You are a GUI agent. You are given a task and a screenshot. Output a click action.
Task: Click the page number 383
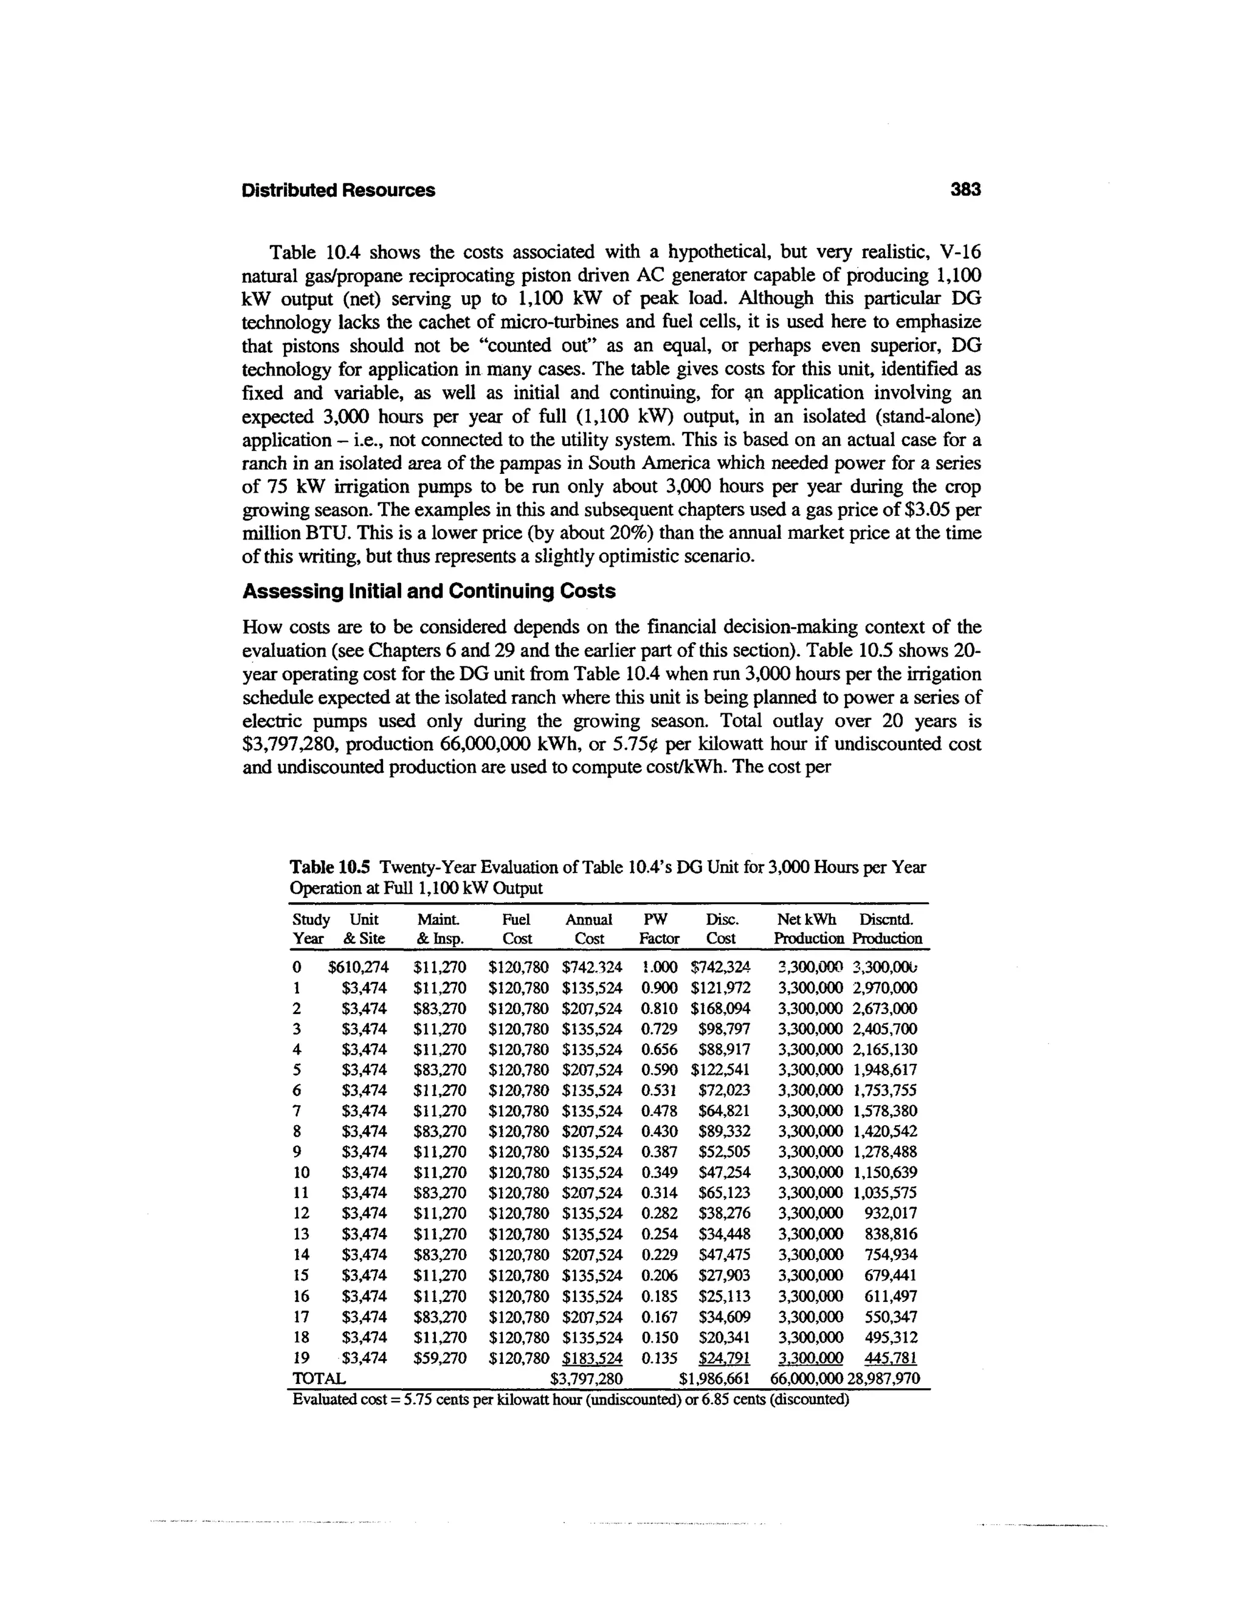pyautogui.click(x=965, y=190)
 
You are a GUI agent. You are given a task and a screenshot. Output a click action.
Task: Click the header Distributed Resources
pyautogui.click(x=339, y=190)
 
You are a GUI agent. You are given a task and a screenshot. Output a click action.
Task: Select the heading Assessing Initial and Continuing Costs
pyautogui.click(x=429, y=592)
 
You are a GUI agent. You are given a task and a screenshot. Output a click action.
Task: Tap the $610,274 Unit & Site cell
pyautogui.click(x=359, y=967)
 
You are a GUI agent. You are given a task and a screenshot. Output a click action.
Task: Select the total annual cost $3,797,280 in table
pyautogui.click(x=587, y=1379)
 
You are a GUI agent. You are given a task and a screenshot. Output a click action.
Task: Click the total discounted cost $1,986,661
pyautogui.click(x=714, y=1379)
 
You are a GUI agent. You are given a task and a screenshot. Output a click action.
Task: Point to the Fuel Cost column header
pyautogui.click(x=516, y=929)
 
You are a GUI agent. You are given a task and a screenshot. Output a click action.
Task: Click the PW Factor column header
pyautogui.click(x=658, y=929)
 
